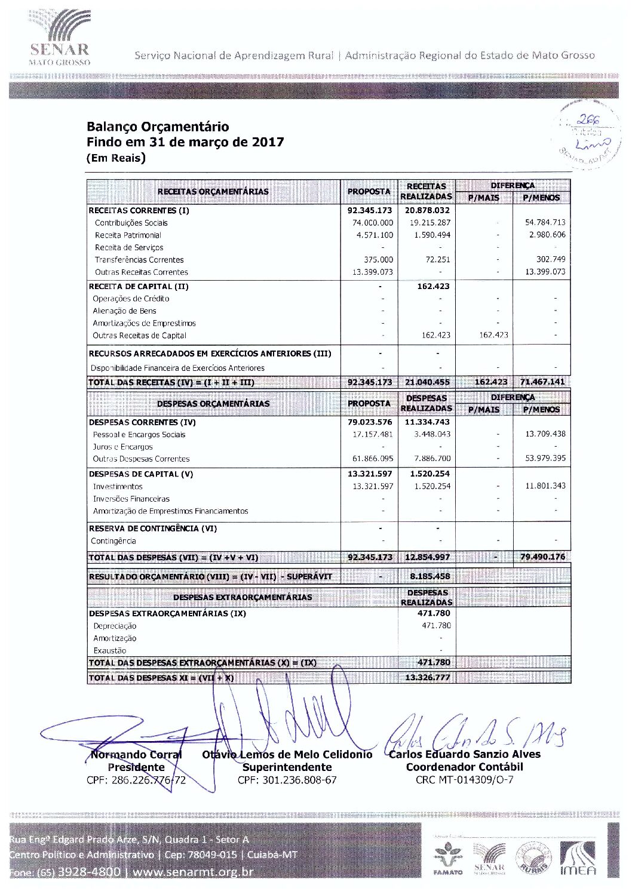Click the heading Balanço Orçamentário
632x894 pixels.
point(158,127)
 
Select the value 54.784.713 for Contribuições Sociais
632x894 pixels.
point(545,222)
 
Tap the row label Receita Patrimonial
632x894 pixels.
point(128,235)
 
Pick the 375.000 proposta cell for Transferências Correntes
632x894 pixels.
point(379,260)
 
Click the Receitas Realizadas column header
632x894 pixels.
point(426,191)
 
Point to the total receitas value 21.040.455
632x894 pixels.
point(427,382)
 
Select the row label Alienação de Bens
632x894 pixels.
point(124,311)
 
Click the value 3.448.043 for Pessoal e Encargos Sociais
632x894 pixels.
point(432,434)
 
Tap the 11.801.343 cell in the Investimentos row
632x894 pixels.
point(545,486)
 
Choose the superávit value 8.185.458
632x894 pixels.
point(430,576)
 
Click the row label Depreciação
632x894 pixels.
point(115,626)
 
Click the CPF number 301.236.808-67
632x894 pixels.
point(287,780)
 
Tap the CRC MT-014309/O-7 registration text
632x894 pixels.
point(464,780)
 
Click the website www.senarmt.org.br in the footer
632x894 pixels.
point(192,872)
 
